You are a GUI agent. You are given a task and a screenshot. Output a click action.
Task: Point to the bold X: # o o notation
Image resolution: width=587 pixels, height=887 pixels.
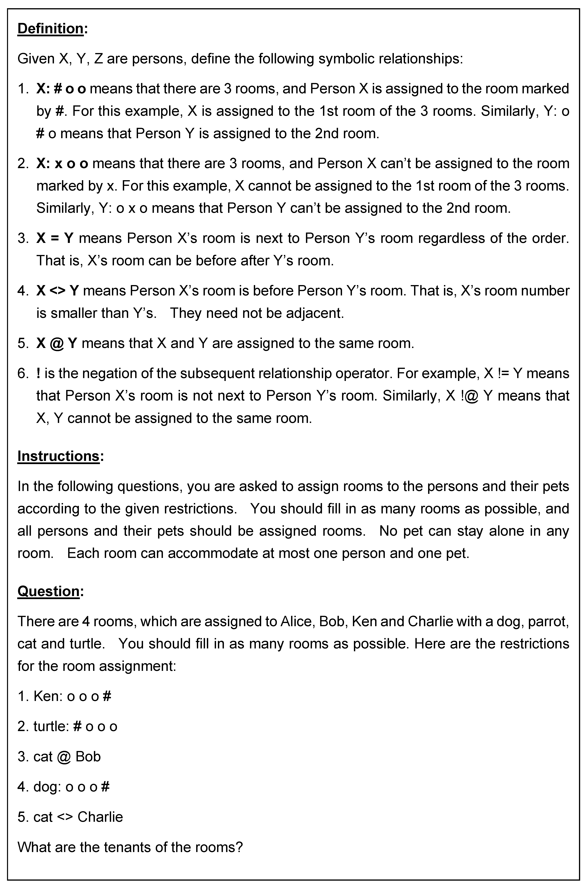click(x=61, y=89)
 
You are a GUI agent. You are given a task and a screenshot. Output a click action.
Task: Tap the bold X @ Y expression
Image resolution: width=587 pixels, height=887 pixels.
click(x=56, y=343)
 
